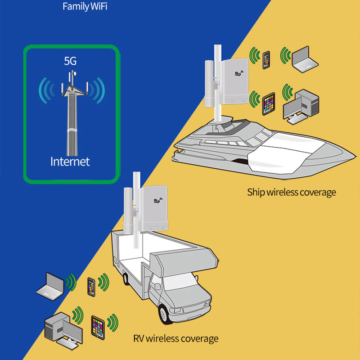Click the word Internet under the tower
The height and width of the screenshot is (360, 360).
pos(70,161)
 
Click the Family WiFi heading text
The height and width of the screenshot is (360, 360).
pos(85,7)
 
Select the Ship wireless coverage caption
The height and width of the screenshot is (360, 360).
pos(292,193)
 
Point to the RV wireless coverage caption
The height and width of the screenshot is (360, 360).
pos(175,338)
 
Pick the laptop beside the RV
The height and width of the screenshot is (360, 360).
pos(51,286)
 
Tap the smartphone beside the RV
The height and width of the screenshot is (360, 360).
pos(91,287)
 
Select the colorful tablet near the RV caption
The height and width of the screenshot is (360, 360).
pos(98,326)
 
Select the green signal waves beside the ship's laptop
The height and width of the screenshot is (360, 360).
pos(285,55)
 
